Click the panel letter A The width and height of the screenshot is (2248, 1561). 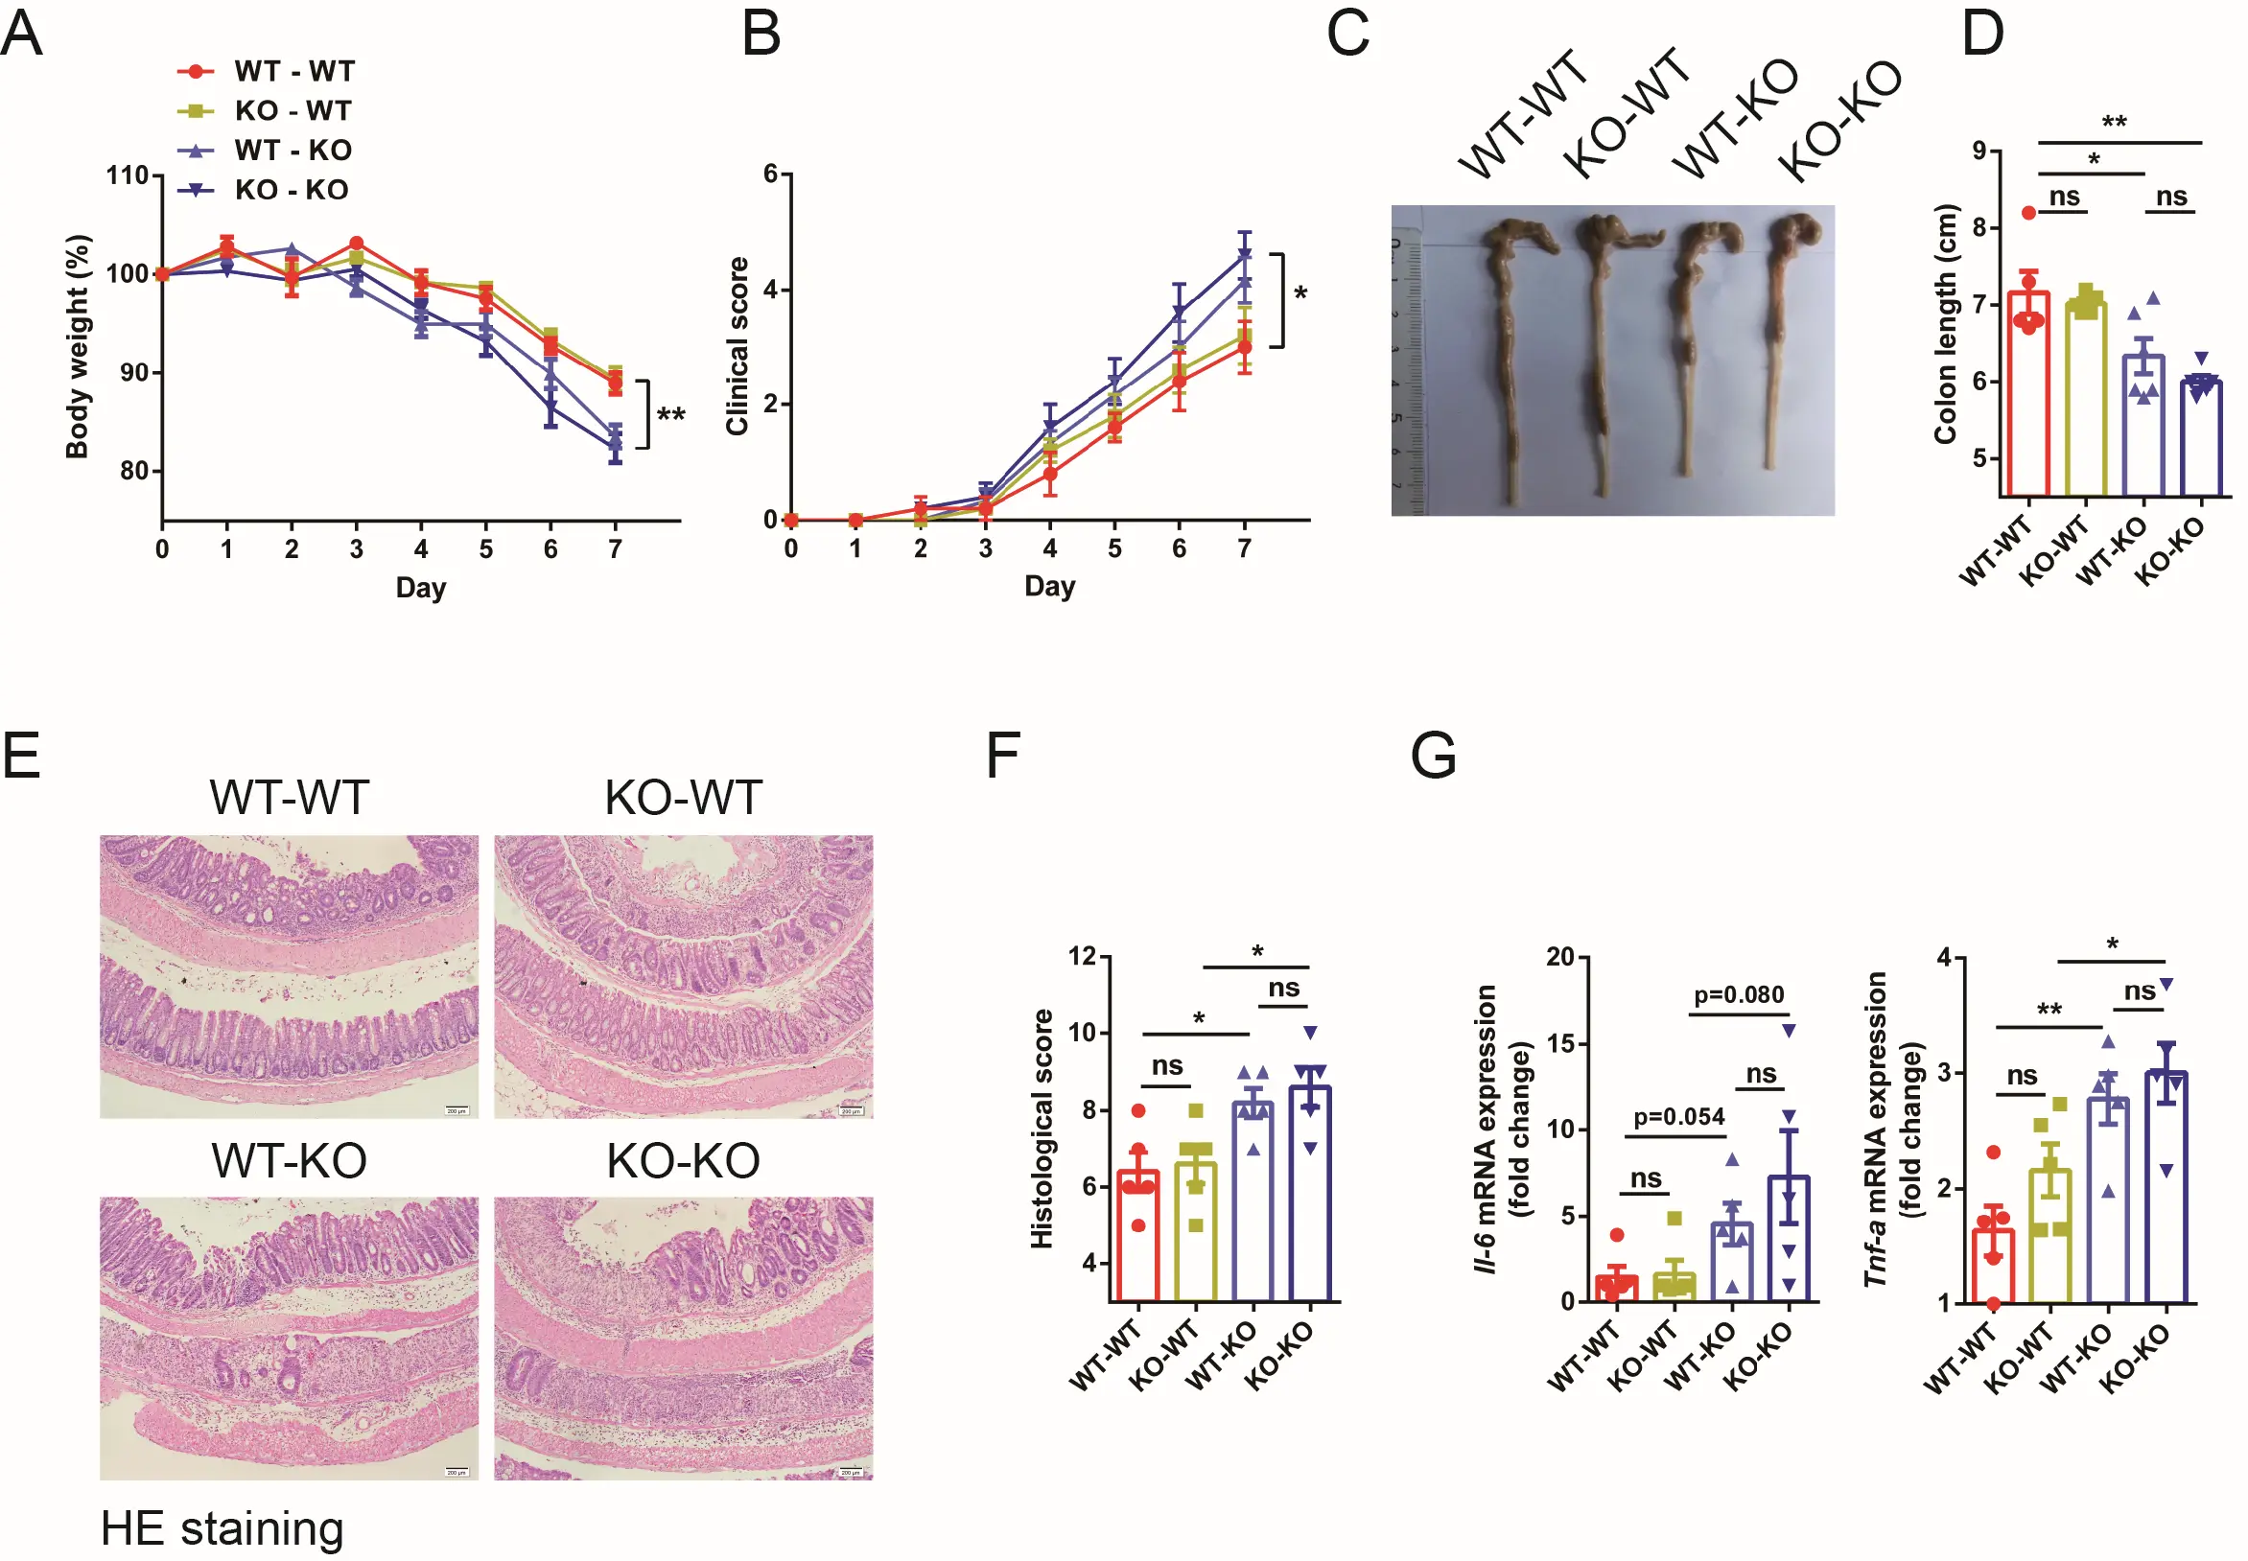coord(21,35)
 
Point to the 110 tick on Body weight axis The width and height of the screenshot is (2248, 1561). coord(128,176)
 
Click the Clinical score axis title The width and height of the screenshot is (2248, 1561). coord(737,346)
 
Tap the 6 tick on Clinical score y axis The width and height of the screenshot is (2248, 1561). coord(771,175)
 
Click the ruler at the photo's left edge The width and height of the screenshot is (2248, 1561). coord(1405,372)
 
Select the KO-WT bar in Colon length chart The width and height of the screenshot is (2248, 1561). coord(2086,401)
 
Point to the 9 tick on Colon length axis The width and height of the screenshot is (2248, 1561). coord(1980,151)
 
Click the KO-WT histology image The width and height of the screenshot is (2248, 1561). coord(683,976)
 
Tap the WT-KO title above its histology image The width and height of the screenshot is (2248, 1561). coord(289,1161)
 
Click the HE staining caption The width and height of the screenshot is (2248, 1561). coord(222,1527)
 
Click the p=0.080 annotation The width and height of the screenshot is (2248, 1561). coord(1739,994)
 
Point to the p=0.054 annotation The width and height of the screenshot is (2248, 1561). coord(1678,1117)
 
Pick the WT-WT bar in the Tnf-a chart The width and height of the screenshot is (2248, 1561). coord(1993,1267)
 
